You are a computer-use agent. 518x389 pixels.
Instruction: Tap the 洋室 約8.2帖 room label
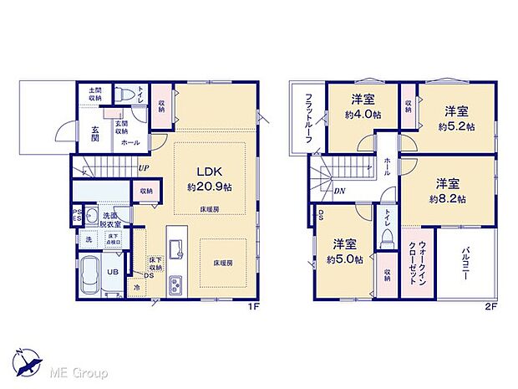pos(449,191)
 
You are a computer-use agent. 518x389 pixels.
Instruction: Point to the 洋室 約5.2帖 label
pos(456,118)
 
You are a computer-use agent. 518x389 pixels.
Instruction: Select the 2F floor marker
pos(491,306)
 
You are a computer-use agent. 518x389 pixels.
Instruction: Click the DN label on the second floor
pos(341,192)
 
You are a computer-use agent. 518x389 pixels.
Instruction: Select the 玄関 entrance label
pos(89,134)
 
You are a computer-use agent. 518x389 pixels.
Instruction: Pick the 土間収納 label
pos(90,93)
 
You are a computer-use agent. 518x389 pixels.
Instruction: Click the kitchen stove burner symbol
pos(177,284)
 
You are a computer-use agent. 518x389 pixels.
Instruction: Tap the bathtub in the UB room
pos(90,277)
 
